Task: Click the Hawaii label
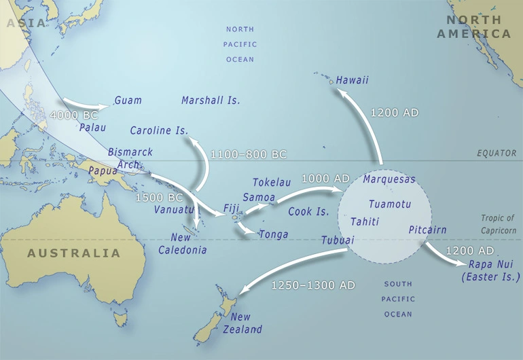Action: (352, 80)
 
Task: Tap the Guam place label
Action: (128, 101)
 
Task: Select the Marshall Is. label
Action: (211, 101)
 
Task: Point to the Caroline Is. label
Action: (158, 130)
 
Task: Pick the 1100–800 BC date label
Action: (249, 154)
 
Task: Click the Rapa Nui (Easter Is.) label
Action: (490, 271)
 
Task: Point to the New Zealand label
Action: (245, 323)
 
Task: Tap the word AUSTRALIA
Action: (73, 253)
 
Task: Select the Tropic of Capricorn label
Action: (497, 223)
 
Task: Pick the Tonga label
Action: (273, 234)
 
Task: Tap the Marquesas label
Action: (389, 179)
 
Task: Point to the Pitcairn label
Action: (427, 230)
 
